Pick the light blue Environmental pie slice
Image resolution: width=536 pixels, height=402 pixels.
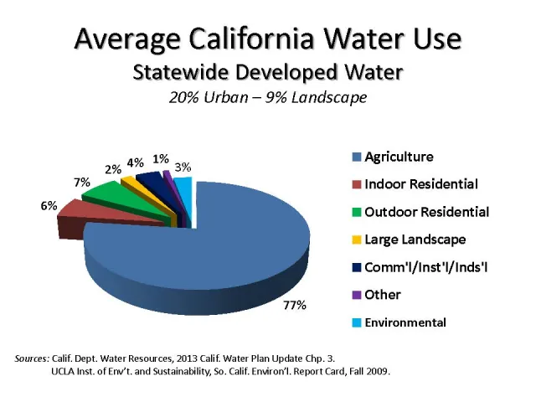coord(184,183)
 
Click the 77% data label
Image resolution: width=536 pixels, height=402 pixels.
coord(294,305)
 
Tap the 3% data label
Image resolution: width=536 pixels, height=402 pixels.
coord(182,167)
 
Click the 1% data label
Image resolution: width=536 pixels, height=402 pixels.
coord(161,158)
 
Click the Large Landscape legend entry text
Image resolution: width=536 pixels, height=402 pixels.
coord(415,240)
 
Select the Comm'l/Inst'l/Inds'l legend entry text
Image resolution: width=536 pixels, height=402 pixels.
coord(425,267)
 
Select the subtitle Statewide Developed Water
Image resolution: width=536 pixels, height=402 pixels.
coord(268,72)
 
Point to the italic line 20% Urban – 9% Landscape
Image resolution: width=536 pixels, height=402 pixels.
coord(268,99)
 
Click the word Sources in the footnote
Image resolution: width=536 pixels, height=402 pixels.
coord(33,358)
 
